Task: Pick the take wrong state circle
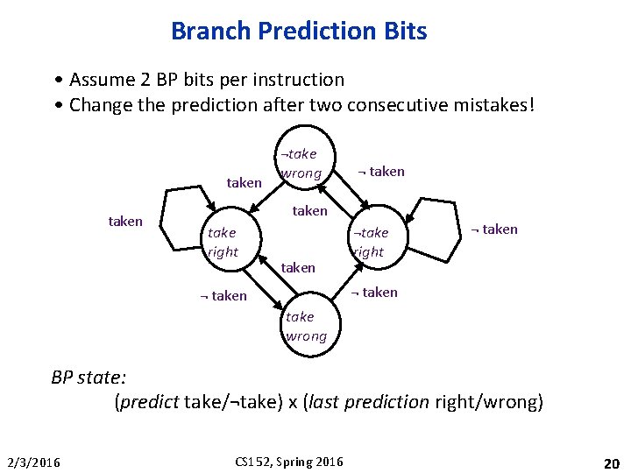(x=306, y=326)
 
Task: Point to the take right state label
(x=223, y=242)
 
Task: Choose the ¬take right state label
(x=369, y=242)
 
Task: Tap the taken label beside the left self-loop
(x=125, y=222)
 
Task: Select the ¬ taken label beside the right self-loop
(x=494, y=229)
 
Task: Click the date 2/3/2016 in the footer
(x=34, y=462)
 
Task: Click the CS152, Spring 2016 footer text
(x=290, y=462)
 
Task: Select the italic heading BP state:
(x=89, y=378)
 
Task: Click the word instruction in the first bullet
(x=300, y=80)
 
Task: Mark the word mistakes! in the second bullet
(x=498, y=106)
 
